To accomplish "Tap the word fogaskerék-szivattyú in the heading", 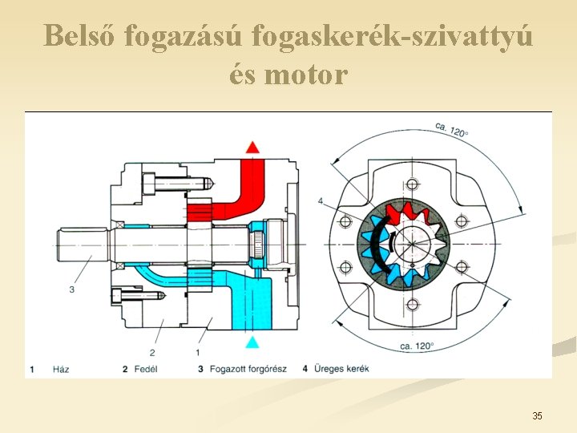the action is point(392,36).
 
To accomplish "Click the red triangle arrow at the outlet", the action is point(252,147).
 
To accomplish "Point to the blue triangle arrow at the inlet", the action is point(252,342).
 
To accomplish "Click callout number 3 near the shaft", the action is point(71,289).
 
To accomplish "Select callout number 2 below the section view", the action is point(152,352).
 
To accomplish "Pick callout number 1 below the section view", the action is point(197,352).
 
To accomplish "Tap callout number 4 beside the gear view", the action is point(320,200).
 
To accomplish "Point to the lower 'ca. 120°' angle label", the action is point(415,346).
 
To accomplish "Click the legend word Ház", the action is point(61,369).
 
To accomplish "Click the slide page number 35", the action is point(537,415).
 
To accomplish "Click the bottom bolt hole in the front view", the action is point(413,305).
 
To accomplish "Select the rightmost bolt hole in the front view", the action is point(462,221).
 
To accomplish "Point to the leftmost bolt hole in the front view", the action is point(346,221).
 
